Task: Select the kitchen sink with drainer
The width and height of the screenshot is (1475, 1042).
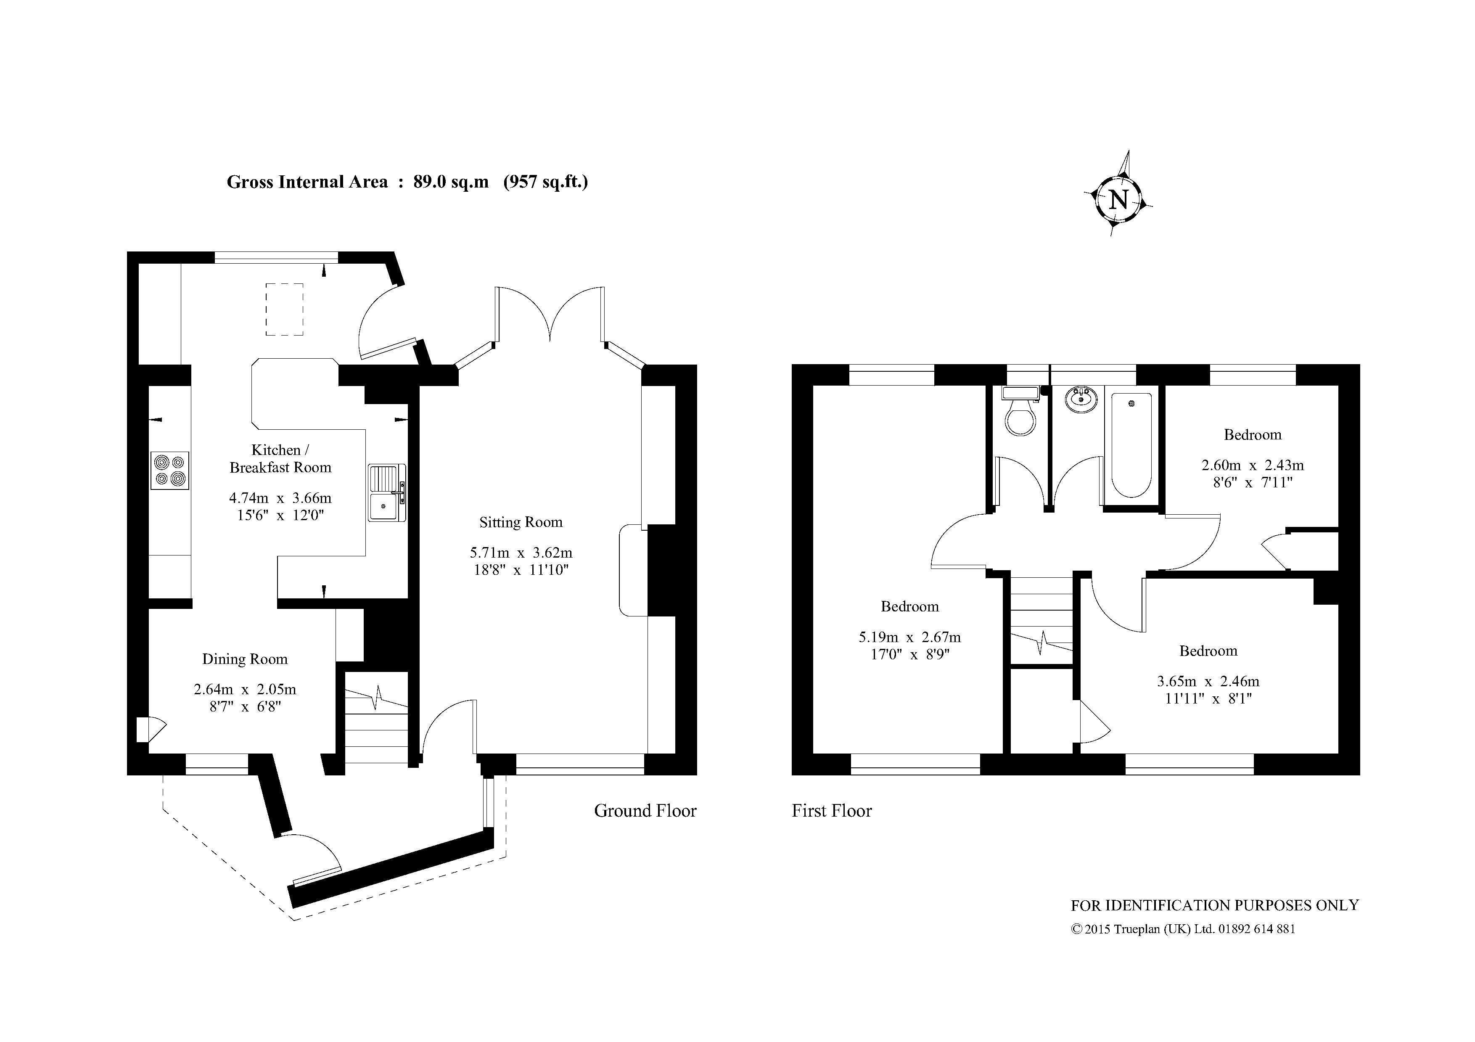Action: [387, 492]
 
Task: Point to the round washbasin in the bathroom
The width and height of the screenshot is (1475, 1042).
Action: [1082, 399]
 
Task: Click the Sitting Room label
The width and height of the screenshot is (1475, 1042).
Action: [521, 522]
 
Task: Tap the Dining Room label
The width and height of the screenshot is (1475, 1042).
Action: [245, 659]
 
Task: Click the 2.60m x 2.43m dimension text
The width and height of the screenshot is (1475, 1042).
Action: [1253, 465]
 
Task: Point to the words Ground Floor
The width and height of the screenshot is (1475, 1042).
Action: [645, 811]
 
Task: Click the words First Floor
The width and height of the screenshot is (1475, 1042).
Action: [832, 811]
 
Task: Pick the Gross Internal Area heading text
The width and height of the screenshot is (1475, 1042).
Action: [407, 182]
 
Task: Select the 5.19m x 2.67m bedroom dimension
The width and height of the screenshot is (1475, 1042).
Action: [909, 638]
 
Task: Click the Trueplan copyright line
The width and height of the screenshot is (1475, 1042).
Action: [1183, 929]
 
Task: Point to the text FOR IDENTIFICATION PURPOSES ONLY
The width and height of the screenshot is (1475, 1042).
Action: [1215, 905]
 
